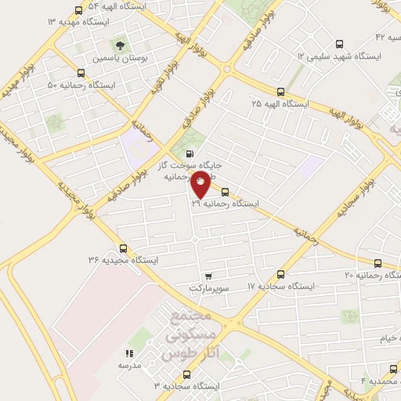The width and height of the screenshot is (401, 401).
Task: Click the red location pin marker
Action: (x=200, y=186)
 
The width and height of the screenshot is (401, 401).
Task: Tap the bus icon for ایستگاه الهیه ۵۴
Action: (x=78, y=11)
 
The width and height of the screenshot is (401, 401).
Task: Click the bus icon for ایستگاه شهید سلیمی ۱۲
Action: (x=339, y=44)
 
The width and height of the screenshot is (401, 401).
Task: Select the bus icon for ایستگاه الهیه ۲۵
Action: (x=280, y=91)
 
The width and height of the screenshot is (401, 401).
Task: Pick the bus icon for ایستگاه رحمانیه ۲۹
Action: (x=225, y=191)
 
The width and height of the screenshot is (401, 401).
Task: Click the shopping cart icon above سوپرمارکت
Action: (x=208, y=276)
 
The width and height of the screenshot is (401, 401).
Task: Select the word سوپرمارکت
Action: (x=208, y=288)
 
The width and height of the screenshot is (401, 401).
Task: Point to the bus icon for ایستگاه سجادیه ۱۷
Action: (x=282, y=274)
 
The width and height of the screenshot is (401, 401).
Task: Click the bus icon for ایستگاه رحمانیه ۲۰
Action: (x=379, y=263)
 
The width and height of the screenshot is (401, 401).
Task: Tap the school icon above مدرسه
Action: (x=129, y=354)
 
